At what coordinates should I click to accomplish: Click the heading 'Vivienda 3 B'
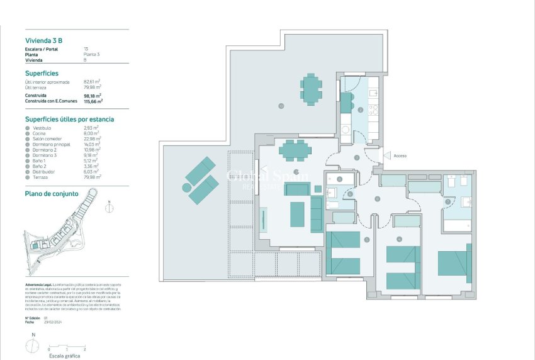click(x=43, y=40)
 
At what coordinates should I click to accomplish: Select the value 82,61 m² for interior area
click(x=92, y=82)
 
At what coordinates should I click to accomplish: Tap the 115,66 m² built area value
click(x=93, y=101)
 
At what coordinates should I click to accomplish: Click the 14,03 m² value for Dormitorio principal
click(x=92, y=144)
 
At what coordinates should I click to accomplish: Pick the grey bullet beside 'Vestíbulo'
click(x=27, y=128)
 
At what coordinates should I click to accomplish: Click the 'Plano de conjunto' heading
click(x=52, y=194)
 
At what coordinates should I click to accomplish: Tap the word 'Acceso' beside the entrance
click(x=400, y=155)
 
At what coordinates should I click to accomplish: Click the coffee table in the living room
click(x=297, y=214)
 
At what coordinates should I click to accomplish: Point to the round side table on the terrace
click(x=186, y=187)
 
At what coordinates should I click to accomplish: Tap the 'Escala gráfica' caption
click(x=66, y=356)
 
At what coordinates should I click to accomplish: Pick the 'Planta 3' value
click(x=92, y=55)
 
